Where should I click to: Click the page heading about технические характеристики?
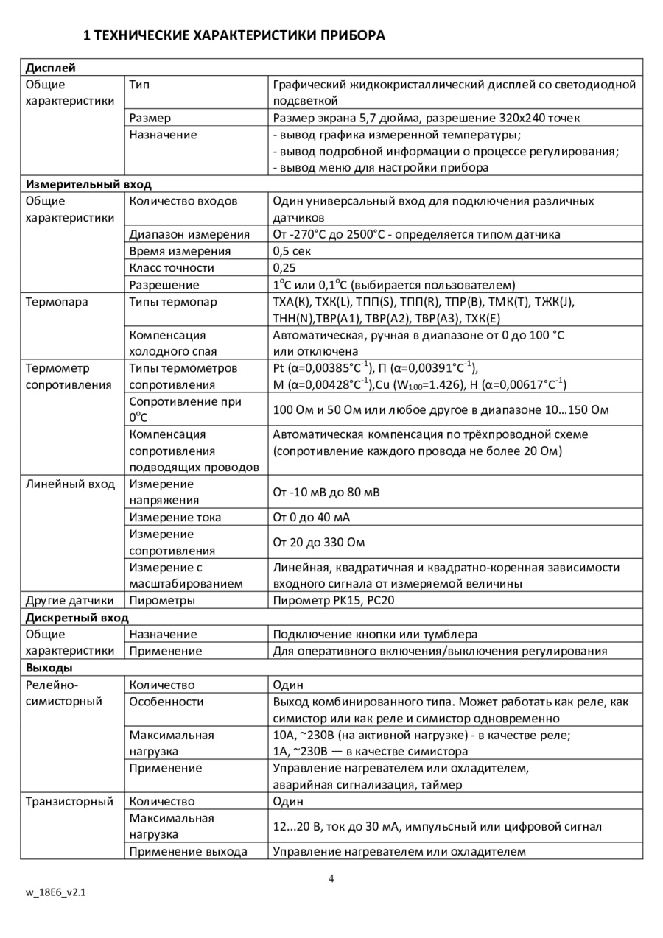click(x=234, y=35)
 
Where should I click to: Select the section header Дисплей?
click(x=51, y=68)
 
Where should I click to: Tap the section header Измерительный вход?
click(x=88, y=184)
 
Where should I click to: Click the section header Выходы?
click(x=49, y=668)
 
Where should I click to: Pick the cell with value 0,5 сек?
click(x=292, y=251)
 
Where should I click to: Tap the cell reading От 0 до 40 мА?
click(x=312, y=518)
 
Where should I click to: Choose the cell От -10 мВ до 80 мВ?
click(x=326, y=492)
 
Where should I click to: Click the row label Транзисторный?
click(x=69, y=802)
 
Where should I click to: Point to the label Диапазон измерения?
click(x=189, y=235)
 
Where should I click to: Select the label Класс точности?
click(x=172, y=268)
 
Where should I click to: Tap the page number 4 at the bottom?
click(x=331, y=878)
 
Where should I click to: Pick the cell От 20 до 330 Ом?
click(x=319, y=543)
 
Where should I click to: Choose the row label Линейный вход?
click(x=70, y=484)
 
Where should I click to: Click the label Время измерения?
click(x=180, y=251)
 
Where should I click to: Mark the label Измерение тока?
click(x=175, y=518)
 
